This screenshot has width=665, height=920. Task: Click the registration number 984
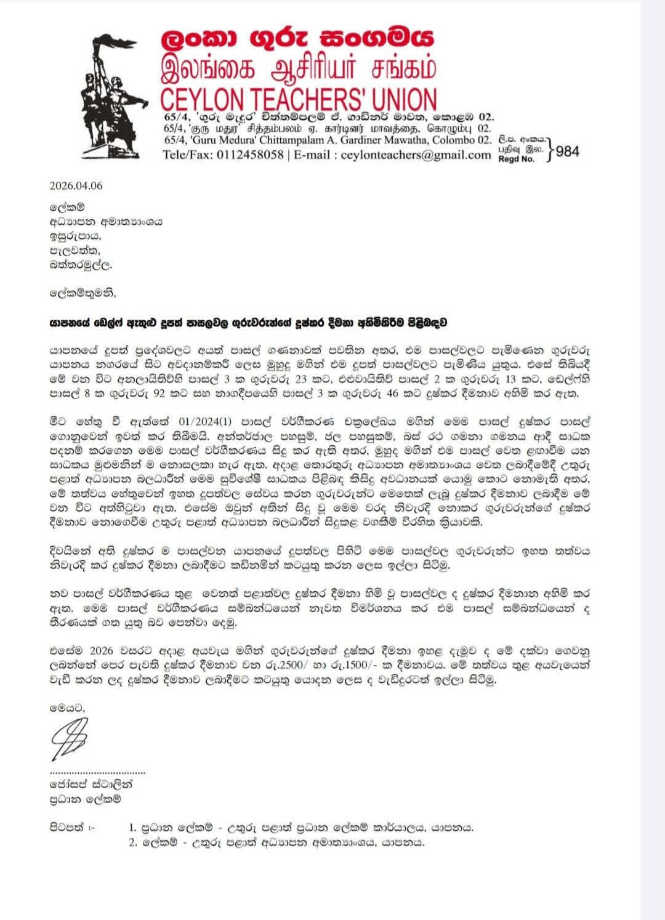pyautogui.click(x=567, y=151)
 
